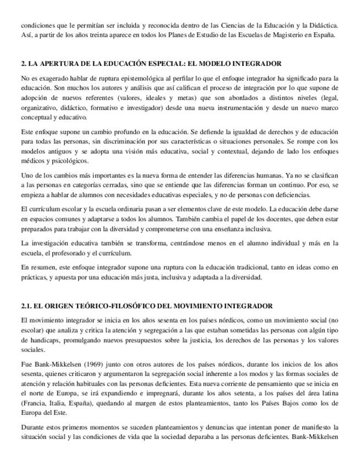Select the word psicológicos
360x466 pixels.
tap(63, 161)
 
